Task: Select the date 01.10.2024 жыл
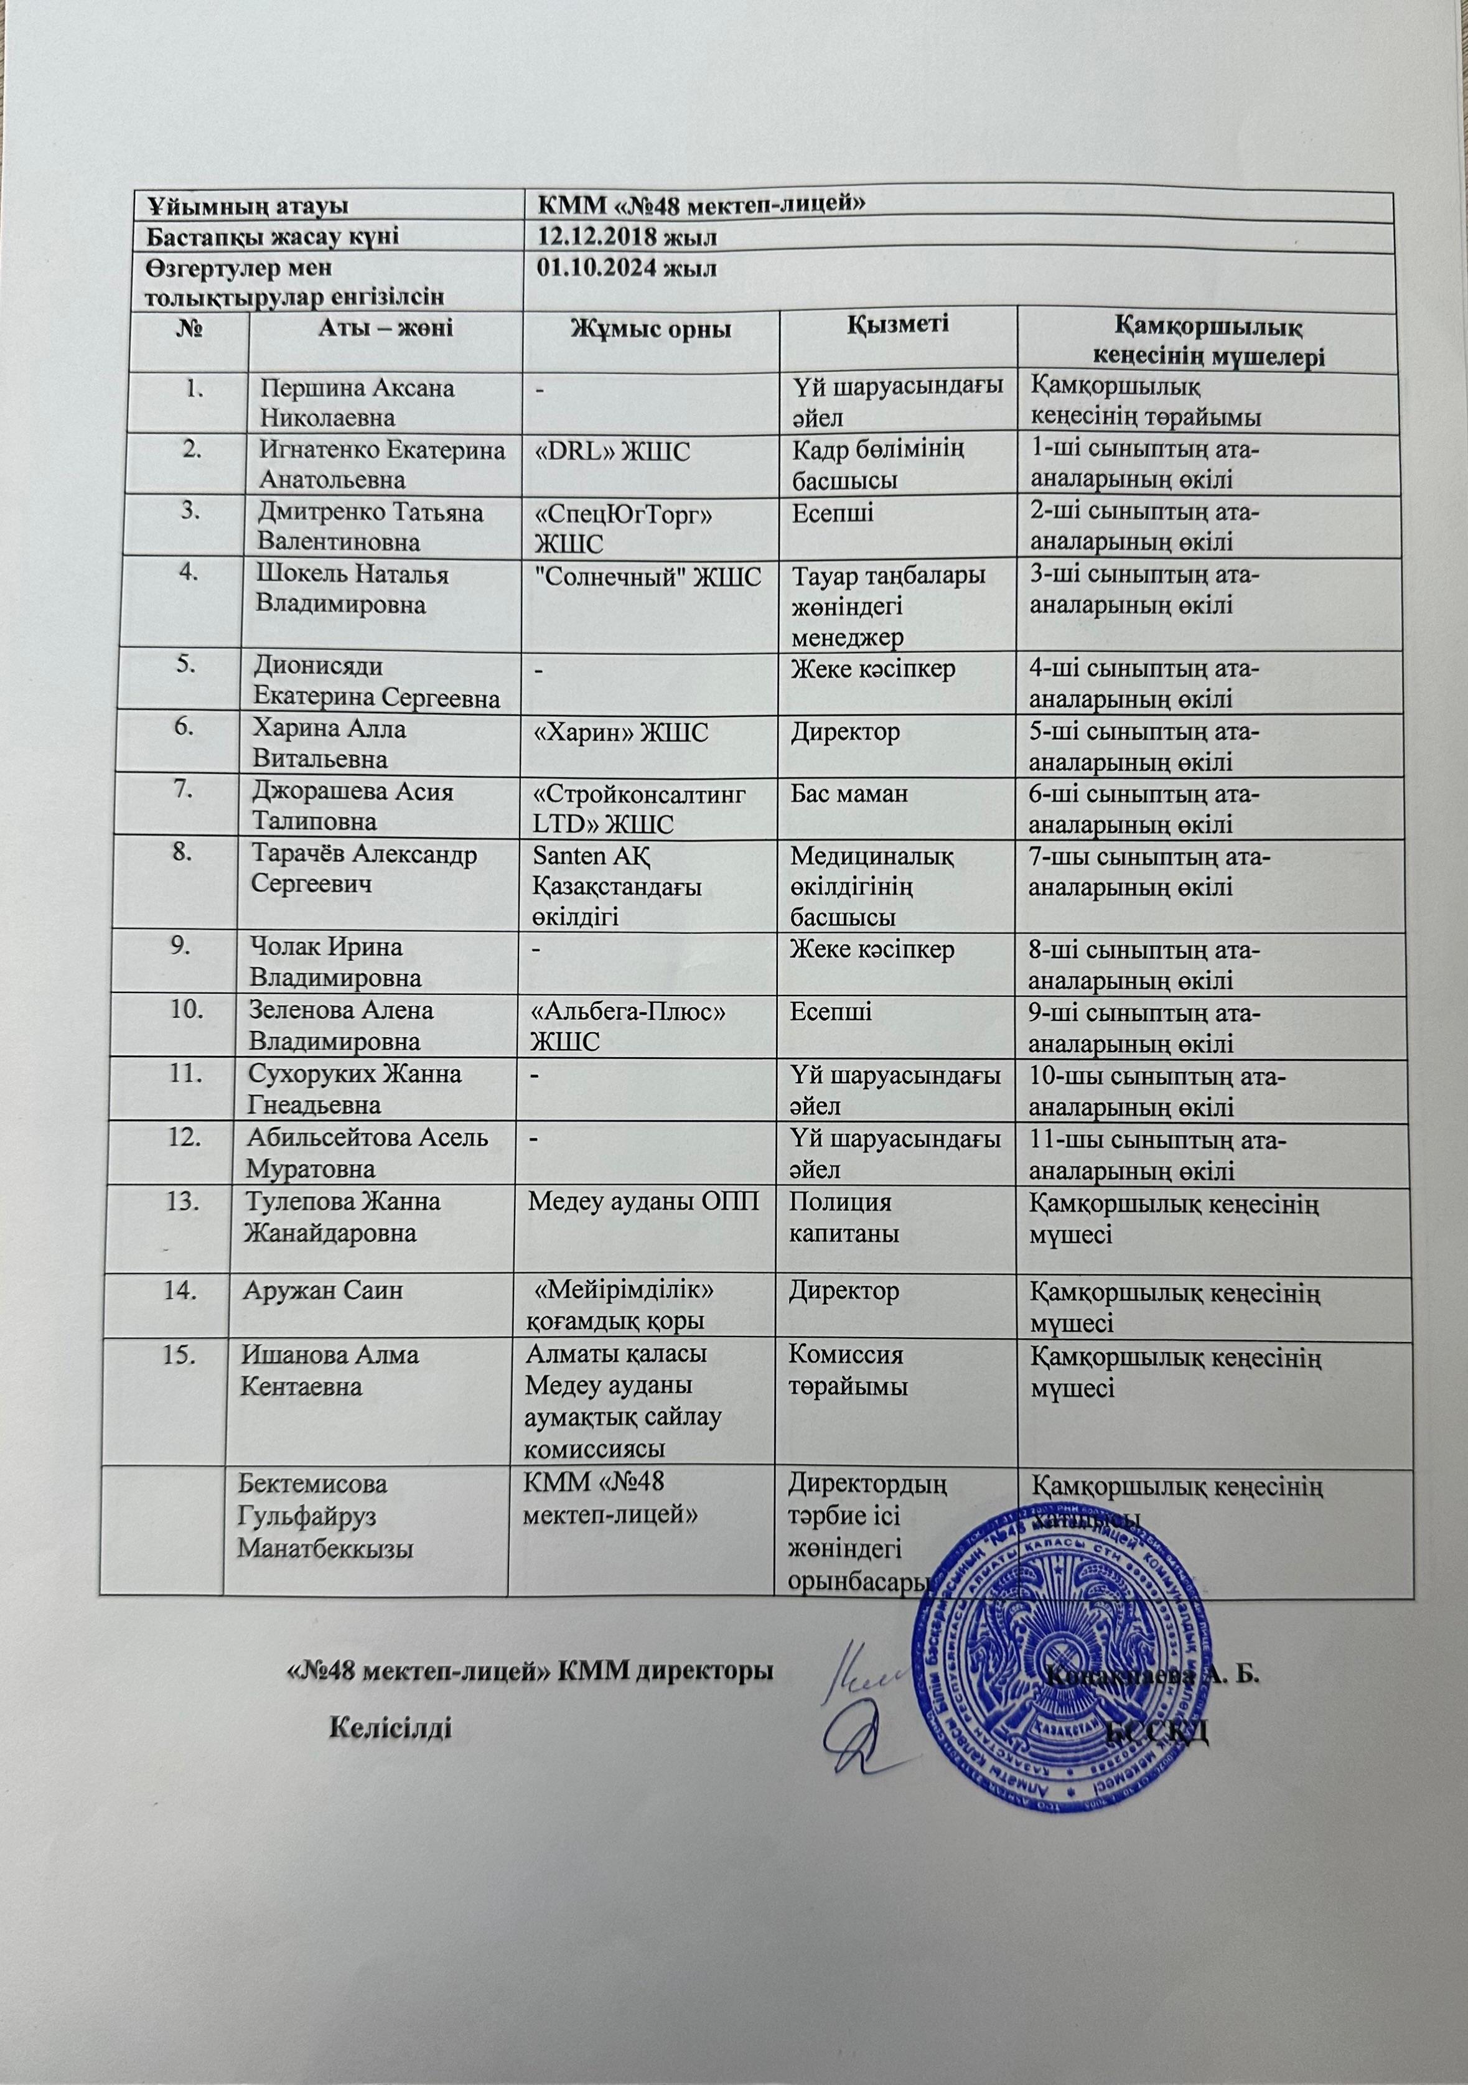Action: tap(627, 269)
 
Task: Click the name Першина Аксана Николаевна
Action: tap(358, 403)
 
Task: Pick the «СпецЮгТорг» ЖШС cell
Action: tap(622, 528)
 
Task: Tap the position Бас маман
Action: tap(850, 794)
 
